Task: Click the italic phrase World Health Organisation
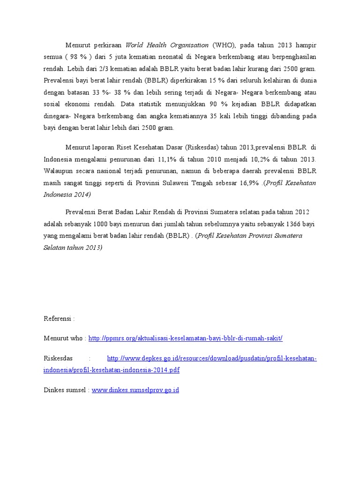click(x=167, y=45)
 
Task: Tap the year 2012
click(x=300, y=213)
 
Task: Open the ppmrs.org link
click(x=186, y=338)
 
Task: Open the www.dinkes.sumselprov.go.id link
click(x=135, y=390)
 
